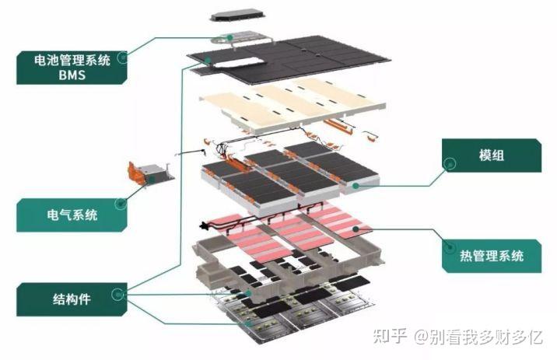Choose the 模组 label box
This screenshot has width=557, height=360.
pyautogui.click(x=491, y=156)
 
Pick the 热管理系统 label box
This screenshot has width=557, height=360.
pyautogui.click(x=491, y=255)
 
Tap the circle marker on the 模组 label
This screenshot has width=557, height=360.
pyautogui.click(x=448, y=163)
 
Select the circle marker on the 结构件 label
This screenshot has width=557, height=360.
pyautogui.click(x=118, y=294)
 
